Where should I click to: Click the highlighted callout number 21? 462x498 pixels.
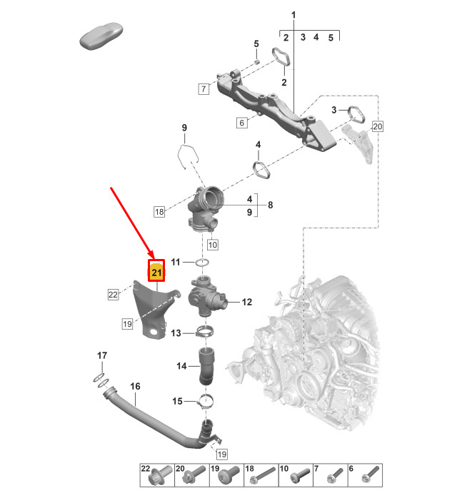point(156,272)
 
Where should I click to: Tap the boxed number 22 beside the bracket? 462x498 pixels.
point(114,295)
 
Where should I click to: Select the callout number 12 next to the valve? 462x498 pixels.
point(247,302)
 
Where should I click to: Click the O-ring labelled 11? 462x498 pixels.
point(203,263)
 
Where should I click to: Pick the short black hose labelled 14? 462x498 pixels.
point(206,366)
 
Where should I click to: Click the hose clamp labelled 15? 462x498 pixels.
point(206,402)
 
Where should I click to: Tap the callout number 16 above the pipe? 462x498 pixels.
point(135,386)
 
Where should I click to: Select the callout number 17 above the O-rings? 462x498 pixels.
point(102,355)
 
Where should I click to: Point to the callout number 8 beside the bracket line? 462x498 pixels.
point(270,205)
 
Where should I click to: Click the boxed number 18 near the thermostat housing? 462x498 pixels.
point(159,211)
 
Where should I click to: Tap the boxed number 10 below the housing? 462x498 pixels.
point(212,245)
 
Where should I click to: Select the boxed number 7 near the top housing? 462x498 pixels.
point(204,88)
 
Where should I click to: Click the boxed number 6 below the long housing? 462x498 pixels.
point(241,123)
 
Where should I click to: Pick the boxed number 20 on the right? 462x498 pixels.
point(378,126)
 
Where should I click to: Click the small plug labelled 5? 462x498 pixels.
point(258,61)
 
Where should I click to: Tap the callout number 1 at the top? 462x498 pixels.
point(293,15)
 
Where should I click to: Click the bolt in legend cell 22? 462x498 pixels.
point(162,476)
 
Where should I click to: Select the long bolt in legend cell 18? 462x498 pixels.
point(262,475)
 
